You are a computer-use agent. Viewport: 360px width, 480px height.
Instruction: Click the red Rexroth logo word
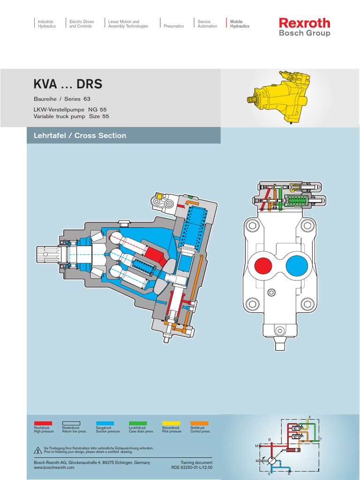[x=304, y=23]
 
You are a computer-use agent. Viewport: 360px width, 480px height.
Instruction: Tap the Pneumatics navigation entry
[x=173, y=26]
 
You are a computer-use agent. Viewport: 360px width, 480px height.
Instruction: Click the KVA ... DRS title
[x=68, y=84]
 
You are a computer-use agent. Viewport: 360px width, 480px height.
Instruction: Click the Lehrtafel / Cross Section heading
[x=80, y=135]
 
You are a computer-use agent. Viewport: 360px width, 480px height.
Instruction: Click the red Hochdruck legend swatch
[x=43, y=423]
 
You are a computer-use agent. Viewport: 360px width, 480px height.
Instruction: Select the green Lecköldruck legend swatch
[x=138, y=423]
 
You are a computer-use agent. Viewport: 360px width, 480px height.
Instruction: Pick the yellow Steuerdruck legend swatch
[x=171, y=423]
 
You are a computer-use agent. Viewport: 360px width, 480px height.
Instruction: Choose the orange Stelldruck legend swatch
[x=199, y=423]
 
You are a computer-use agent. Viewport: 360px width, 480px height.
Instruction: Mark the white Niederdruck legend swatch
[x=71, y=423]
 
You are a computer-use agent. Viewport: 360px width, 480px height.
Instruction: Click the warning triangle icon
[x=38, y=450]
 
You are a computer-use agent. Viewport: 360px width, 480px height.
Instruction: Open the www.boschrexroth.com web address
[x=54, y=467]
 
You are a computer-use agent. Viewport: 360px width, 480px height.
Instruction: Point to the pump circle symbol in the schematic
[x=272, y=461]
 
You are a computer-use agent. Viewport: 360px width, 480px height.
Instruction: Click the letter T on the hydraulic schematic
[x=321, y=439]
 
